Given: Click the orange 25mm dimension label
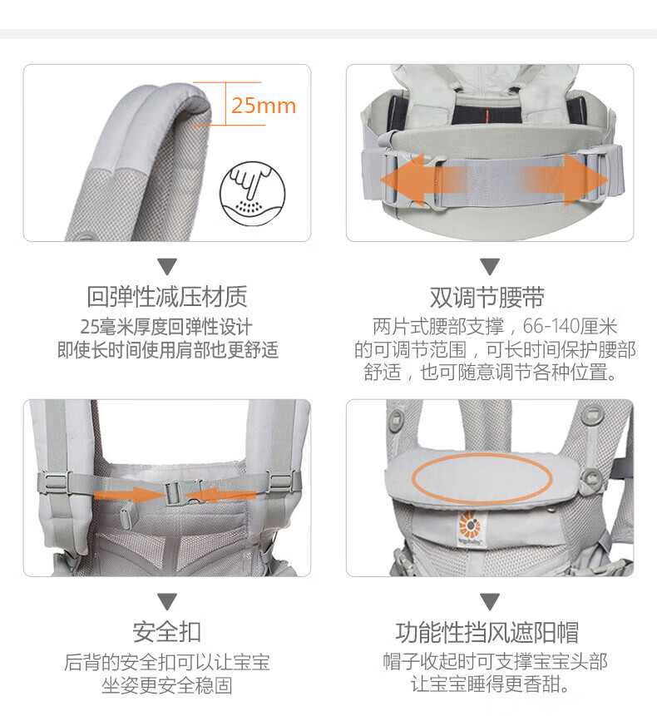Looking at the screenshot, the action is click(264, 106).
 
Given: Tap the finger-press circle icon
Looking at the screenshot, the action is click(253, 193).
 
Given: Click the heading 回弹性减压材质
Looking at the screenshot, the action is click(167, 297).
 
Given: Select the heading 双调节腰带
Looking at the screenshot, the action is click(487, 298).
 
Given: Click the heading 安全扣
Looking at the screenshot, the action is click(167, 632).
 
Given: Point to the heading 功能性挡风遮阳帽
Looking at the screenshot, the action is click(487, 633).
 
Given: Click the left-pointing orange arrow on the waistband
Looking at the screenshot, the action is click(422, 180).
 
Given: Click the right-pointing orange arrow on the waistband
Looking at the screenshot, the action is click(564, 180).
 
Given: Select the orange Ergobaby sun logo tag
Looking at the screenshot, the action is click(470, 527).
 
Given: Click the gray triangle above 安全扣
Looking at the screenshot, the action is click(167, 601).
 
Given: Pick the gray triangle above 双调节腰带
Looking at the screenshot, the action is click(490, 267).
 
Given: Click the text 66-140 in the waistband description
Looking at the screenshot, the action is click(551, 327).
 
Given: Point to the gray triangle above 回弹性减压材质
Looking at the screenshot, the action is click(167, 267).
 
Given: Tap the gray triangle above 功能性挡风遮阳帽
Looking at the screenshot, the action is click(490, 601).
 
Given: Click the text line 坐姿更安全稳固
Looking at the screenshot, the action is click(167, 685).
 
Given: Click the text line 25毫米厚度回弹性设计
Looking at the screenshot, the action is click(166, 327).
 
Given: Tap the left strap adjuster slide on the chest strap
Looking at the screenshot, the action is click(56, 481).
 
